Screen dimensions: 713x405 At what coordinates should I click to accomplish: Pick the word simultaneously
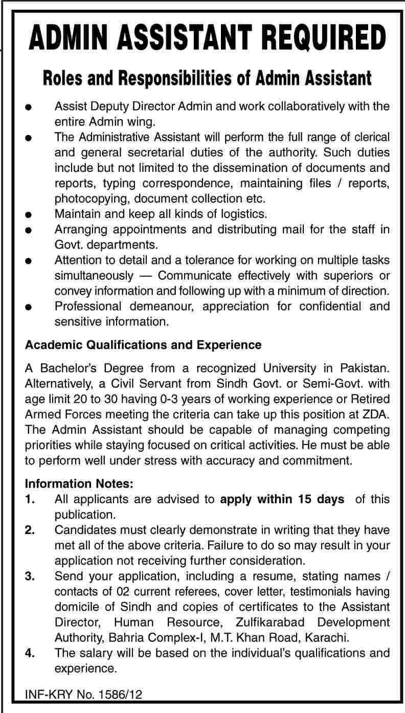click(x=94, y=276)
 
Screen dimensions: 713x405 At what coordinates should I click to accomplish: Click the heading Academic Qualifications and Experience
click(x=143, y=345)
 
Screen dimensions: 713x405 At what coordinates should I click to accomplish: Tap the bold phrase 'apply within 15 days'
click(x=282, y=499)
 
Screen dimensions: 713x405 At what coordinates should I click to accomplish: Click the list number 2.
click(x=30, y=530)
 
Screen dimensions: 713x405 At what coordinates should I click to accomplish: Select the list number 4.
click(x=30, y=653)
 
